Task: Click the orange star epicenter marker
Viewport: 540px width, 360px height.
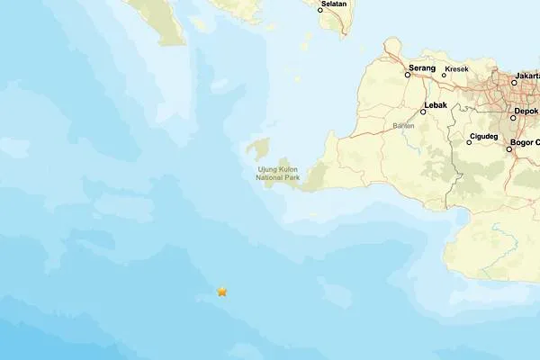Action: pyautogui.click(x=222, y=291)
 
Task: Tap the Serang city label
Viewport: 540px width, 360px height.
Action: pyautogui.click(x=422, y=67)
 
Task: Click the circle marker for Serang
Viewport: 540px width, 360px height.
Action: pyautogui.click(x=408, y=75)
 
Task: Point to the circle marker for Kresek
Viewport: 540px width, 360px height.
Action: pyautogui.click(x=444, y=75)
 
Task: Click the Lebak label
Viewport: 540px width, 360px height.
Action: pyautogui.click(x=435, y=104)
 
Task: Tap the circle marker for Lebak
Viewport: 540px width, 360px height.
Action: pyautogui.click(x=423, y=112)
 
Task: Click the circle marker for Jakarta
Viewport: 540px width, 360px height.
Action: pyautogui.click(x=514, y=82)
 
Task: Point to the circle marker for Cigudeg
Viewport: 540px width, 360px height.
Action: pyautogui.click(x=469, y=142)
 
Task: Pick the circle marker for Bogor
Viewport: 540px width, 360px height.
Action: pyautogui.click(x=509, y=149)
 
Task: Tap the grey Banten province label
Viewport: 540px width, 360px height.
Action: pyautogui.click(x=404, y=125)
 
